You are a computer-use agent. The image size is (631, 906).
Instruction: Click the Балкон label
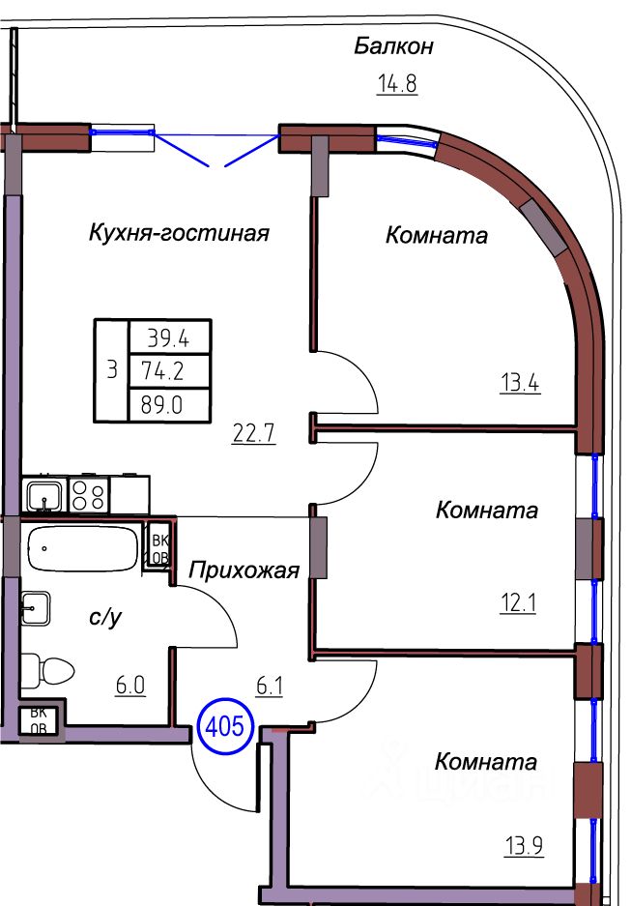[392, 45]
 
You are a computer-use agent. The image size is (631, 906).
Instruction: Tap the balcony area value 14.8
[396, 83]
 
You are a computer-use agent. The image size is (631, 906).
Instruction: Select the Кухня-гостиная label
[178, 233]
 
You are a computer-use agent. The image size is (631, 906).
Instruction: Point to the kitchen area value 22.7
[255, 433]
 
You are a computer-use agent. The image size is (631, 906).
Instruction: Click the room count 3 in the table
[111, 369]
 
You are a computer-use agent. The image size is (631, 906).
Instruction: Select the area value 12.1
[517, 604]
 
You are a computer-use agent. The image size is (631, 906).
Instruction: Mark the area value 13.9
[523, 848]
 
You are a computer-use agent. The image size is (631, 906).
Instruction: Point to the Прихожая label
[244, 570]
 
